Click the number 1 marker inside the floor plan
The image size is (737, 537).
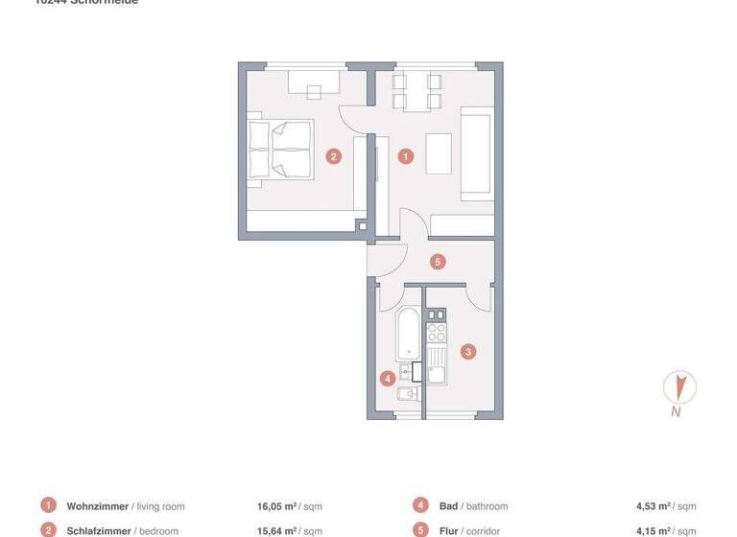[x=406, y=155]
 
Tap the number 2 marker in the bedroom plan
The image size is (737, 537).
[x=333, y=155]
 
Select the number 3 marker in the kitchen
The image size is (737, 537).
[x=467, y=351]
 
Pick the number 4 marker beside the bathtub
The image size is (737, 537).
[x=387, y=378]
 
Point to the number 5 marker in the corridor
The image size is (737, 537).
[x=437, y=261]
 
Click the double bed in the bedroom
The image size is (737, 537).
[x=280, y=149]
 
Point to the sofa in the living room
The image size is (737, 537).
[x=476, y=155]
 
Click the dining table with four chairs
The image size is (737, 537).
[x=415, y=92]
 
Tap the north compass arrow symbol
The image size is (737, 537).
[x=679, y=388]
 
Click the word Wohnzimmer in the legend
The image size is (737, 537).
[x=97, y=505]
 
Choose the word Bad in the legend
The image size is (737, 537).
[x=448, y=505]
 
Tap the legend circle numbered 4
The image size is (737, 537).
[x=420, y=505]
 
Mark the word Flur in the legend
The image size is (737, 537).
[x=449, y=530]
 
